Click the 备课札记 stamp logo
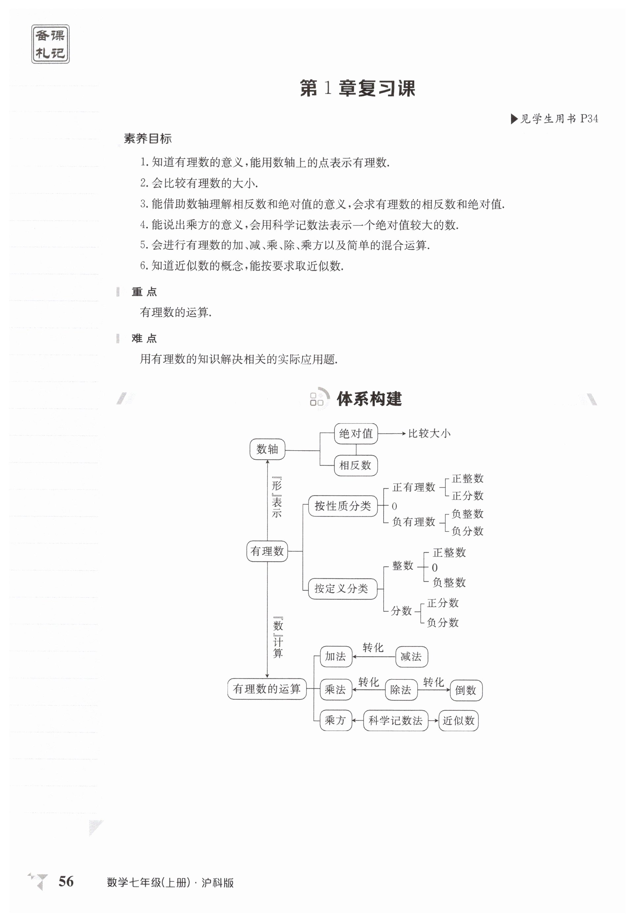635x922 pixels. coord(50,44)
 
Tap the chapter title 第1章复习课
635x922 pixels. coord(357,88)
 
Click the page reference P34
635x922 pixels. coord(589,119)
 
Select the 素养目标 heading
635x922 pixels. coord(147,139)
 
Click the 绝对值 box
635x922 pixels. coord(356,433)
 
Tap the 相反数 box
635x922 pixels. coord(355,465)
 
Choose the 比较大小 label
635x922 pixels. coord(429,433)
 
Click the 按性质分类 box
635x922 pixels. coord(342,506)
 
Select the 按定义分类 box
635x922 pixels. coord(342,588)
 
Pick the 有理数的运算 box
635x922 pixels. coord(267,689)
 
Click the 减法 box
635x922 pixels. coord(411,657)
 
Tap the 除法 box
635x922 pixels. coord(401,690)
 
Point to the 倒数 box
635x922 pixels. coord(466,690)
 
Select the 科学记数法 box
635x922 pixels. coord(396,721)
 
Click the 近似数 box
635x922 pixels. coord(458,721)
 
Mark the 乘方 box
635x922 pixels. coord(335,720)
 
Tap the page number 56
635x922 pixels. coord(66,881)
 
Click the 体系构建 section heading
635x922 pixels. coord(369,399)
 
